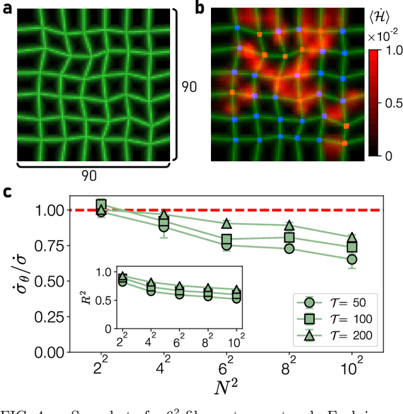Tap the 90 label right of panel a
[189, 86]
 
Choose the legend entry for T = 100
[343, 319]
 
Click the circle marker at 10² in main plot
[353, 259]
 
